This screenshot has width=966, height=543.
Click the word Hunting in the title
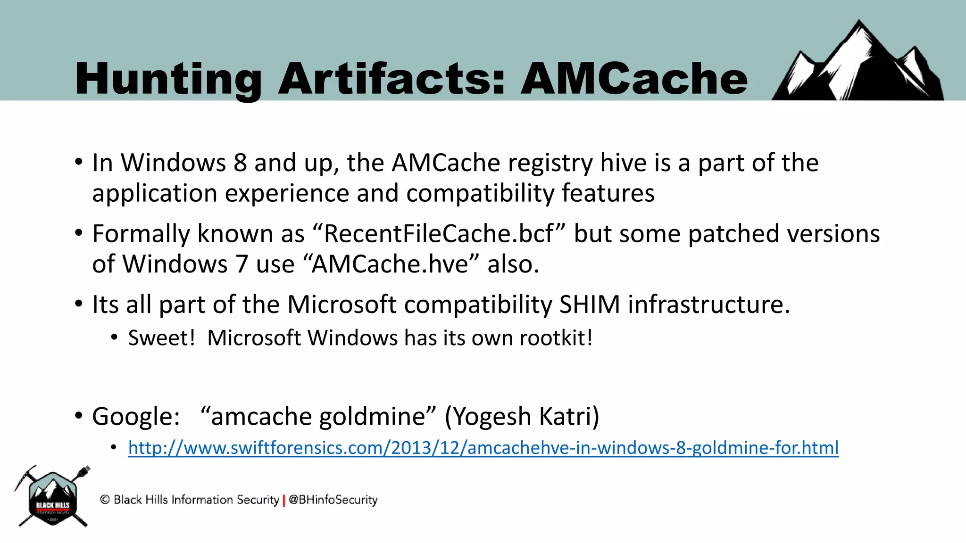(167, 79)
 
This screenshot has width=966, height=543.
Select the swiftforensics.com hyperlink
(483, 448)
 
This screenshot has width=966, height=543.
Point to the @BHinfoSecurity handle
(333, 500)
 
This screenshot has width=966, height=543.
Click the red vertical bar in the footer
(284, 500)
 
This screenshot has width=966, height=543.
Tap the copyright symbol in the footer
(105, 500)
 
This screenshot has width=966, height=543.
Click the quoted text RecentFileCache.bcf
(439, 234)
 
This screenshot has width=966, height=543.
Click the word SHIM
(589, 304)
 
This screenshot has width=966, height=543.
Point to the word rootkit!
(556, 338)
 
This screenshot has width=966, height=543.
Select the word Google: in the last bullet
(136, 417)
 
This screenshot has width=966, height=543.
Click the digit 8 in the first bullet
(240, 163)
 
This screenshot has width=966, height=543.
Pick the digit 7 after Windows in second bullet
(241, 264)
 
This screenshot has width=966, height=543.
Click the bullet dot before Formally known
(79, 233)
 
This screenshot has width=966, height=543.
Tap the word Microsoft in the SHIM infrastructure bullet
(341, 304)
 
